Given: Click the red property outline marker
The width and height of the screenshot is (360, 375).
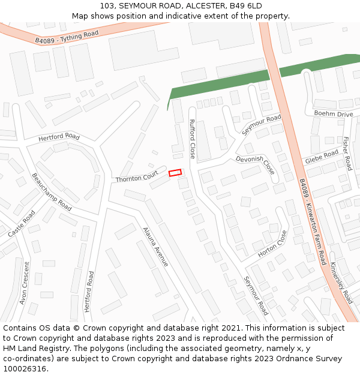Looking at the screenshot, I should click(175, 173).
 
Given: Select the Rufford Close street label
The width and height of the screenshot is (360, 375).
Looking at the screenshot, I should click(192, 139).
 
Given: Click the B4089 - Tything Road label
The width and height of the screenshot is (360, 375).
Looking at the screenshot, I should click(67, 37).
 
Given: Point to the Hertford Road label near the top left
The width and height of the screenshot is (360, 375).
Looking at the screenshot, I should click(59, 137).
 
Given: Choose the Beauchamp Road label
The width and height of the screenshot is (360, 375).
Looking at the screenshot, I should click(52, 192).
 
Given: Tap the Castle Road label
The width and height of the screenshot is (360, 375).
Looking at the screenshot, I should click(21, 223).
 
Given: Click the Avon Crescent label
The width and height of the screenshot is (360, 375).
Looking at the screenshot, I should click(25, 282).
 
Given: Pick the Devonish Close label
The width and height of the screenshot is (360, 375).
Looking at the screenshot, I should click(256, 166).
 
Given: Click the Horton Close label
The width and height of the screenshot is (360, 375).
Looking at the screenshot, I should click(273, 244).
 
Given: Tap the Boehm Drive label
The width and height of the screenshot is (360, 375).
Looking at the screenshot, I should click(333, 114).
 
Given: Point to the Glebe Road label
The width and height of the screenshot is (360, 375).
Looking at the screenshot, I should click(322, 158).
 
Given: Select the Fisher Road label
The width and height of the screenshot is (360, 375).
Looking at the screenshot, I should click(347, 153).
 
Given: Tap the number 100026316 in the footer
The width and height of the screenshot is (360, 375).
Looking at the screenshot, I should click(25, 369).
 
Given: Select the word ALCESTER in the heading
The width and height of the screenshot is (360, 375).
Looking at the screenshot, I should click(206, 5).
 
